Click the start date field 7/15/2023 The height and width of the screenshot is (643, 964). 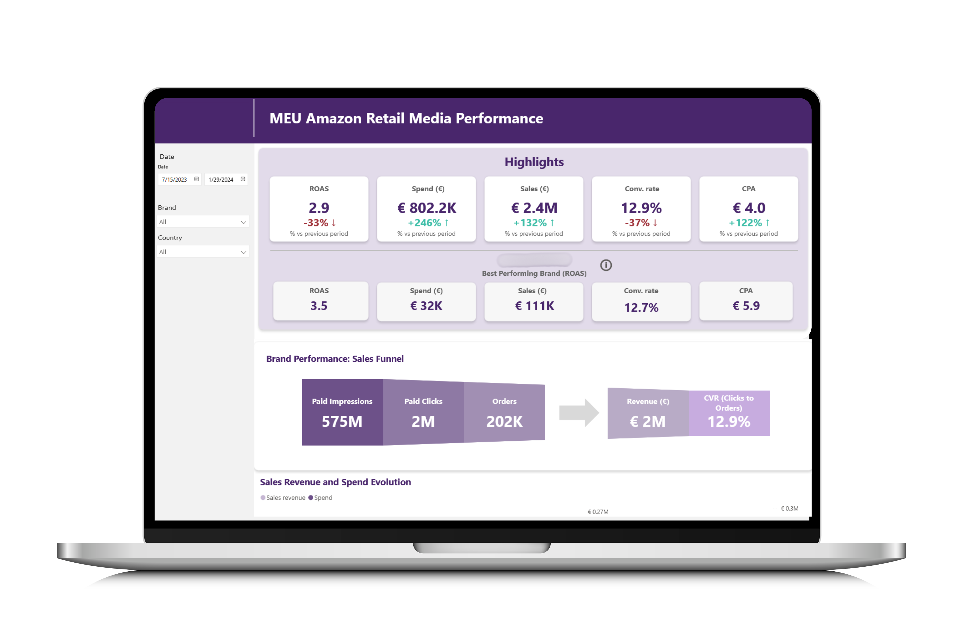(175, 180)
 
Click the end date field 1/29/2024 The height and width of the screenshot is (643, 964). (221, 180)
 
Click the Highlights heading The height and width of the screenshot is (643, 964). (534, 162)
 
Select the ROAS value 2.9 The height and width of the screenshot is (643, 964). (319, 208)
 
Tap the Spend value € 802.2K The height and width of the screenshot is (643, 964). (427, 208)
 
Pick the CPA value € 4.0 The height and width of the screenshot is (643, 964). (749, 208)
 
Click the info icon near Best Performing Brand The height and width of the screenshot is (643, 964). (606, 265)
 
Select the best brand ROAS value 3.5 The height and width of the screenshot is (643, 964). (319, 306)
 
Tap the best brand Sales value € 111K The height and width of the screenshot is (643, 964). (534, 306)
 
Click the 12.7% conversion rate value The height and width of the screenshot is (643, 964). (641, 308)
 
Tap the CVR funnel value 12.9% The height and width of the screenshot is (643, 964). (729, 422)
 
